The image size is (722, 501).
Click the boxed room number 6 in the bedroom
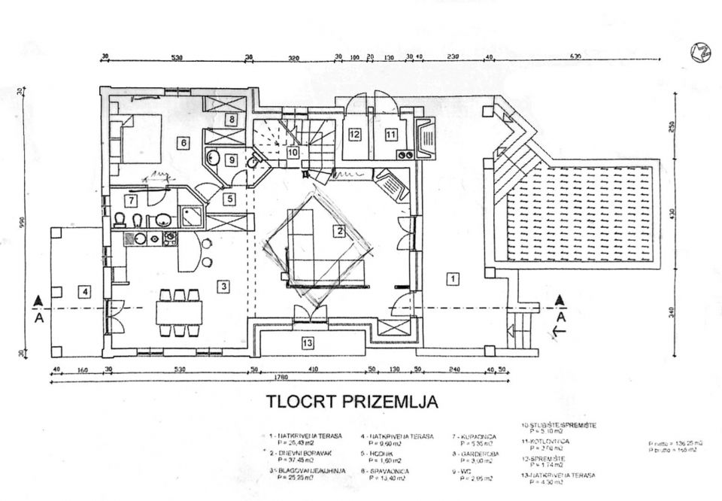tap(183, 141)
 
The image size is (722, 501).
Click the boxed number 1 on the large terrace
tap(453, 279)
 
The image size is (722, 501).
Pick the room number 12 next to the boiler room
tap(356, 135)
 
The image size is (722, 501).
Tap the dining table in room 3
tap(179, 310)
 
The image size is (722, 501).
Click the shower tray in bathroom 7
tap(191, 217)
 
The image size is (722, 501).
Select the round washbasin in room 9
tap(213, 159)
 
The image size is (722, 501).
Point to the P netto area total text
tap(675, 444)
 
